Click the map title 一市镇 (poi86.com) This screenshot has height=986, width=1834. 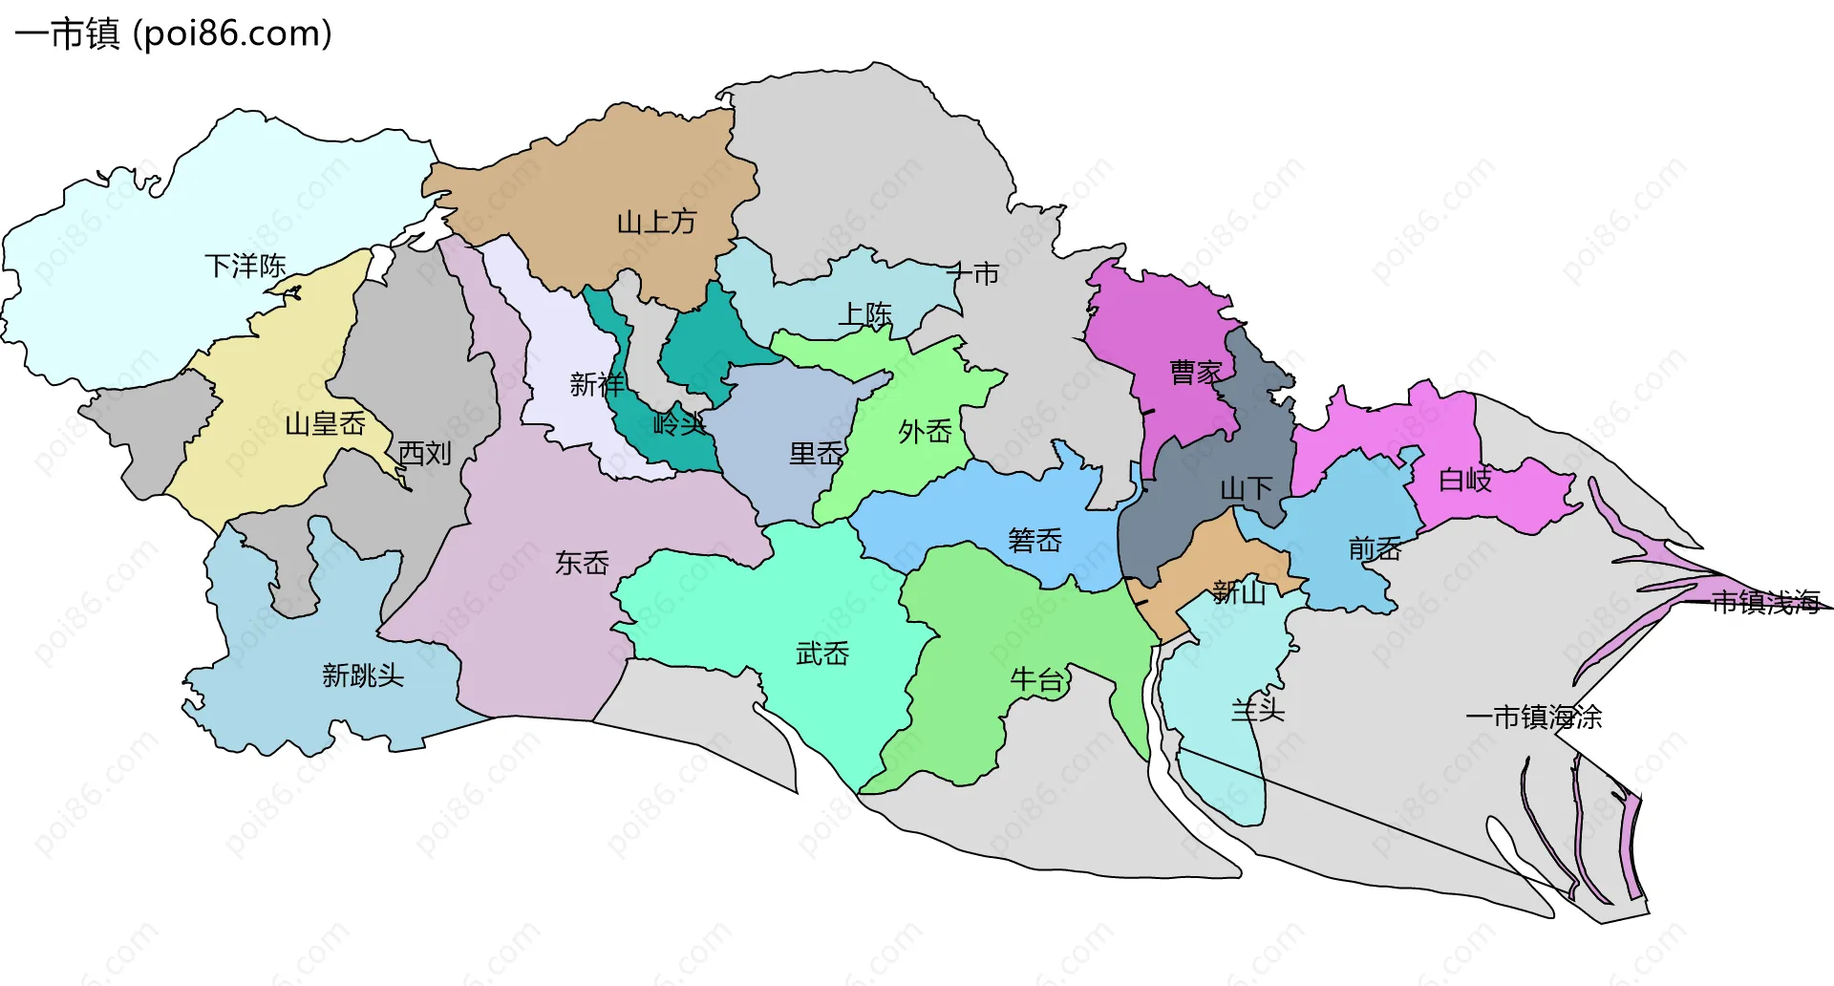pos(173,33)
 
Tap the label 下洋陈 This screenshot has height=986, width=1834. pos(245,266)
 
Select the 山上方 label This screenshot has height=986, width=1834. pos(656,223)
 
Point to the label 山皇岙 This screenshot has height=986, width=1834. pos(325,423)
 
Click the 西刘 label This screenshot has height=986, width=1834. pos(424,453)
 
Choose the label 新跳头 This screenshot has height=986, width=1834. pos(363,675)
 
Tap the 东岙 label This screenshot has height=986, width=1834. pos(582,563)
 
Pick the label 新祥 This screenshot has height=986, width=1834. pos(597,384)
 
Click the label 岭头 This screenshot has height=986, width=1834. pos(680,423)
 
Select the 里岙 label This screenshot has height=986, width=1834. pos(816,454)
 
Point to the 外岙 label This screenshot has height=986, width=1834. pos(925,432)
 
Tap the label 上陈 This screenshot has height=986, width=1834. pos(864,314)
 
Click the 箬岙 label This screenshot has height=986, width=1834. pos(1034,541)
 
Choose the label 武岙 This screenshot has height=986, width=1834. pos(822,654)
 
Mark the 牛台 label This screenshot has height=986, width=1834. pos(1037,679)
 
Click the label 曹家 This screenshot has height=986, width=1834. pos(1196,372)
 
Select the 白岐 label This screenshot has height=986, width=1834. pos(1464,480)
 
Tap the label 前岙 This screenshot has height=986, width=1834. pos(1375,548)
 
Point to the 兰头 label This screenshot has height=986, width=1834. pos(1257,710)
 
